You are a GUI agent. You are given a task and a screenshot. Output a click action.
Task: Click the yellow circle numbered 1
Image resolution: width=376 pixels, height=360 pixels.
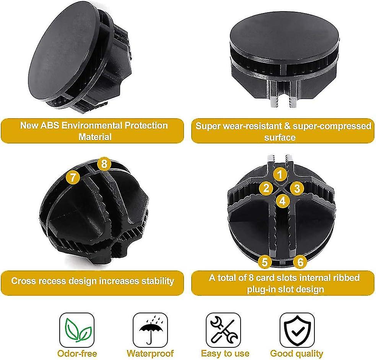point(280,175)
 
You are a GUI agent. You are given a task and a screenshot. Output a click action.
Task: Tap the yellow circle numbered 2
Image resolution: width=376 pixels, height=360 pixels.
point(266,188)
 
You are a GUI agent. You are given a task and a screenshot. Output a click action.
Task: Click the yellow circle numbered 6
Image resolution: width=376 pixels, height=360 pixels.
point(301,262)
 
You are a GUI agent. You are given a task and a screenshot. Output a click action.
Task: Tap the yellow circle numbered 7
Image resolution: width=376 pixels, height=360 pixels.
point(73,177)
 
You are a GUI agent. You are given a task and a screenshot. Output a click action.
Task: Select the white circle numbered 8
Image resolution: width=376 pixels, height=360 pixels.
point(104,165)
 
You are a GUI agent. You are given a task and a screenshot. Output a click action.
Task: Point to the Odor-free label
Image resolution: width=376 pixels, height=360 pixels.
point(77,353)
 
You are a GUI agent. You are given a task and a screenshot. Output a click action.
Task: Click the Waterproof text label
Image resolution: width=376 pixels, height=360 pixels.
point(150,353)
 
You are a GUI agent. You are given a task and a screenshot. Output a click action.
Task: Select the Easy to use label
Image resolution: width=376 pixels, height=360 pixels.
point(225,353)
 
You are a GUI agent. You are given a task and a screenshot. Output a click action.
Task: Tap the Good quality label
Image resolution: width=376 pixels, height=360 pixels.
point(297,353)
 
